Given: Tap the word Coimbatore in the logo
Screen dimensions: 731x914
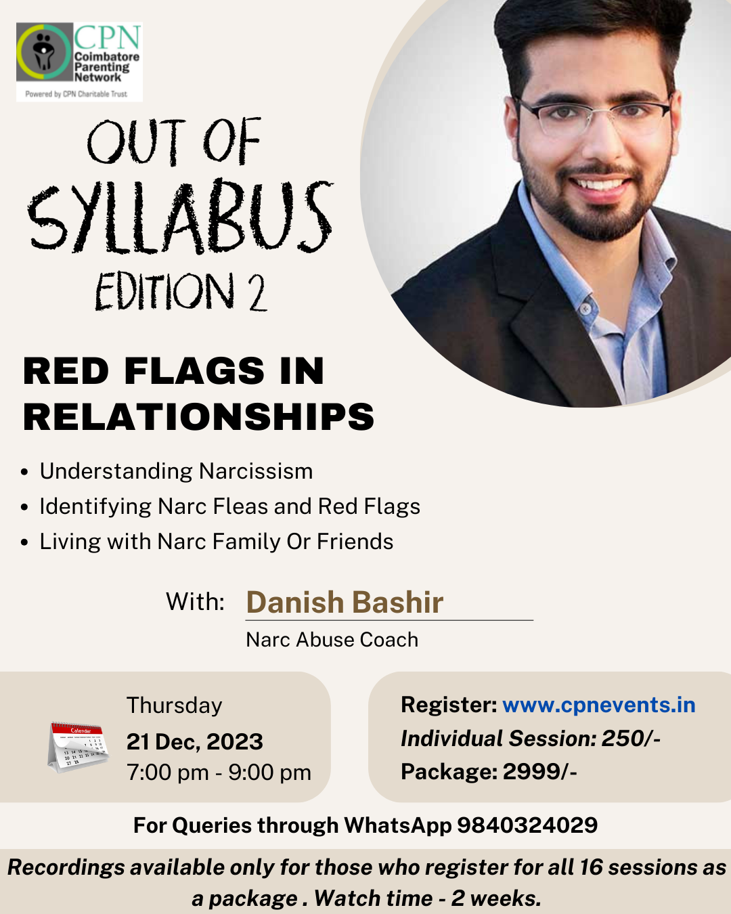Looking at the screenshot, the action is (x=107, y=57).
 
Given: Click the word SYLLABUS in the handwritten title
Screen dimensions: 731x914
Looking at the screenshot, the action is (x=181, y=217).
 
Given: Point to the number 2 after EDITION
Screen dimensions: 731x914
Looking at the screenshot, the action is (x=257, y=292).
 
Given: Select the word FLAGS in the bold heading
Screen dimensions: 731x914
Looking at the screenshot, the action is (x=194, y=371).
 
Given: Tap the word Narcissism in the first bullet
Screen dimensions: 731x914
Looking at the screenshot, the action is (x=256, y=471).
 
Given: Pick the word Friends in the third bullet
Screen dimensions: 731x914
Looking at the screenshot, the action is (x=355, y=542).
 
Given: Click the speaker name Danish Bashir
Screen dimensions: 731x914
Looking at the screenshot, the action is (x=345, y=602).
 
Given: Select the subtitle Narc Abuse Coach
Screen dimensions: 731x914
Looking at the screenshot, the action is (x=332, y=640).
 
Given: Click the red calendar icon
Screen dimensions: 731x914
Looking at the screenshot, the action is (x=78, y=747).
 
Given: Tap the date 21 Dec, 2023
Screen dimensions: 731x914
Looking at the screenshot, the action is (x=194, y=741).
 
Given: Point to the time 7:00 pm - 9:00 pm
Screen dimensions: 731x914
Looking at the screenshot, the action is (x=219, y=772).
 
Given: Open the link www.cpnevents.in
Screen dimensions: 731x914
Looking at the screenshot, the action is (x=599, y=705).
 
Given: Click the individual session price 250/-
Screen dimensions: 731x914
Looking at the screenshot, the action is (x=631, y=738).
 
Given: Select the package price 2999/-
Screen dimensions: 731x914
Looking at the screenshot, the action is (x=540, y=771).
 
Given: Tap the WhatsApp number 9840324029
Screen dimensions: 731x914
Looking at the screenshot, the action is (x=527, y=825).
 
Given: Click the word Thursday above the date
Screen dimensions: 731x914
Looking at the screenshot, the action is (x=174, y=705).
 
